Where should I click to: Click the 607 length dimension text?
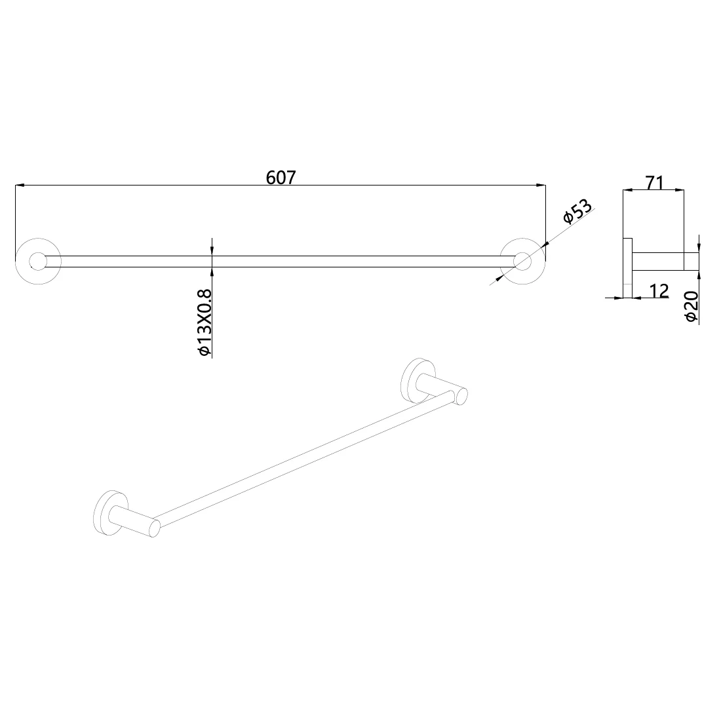pyautogui.click(x=281, y=178)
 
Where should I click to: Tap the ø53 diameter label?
pyautogui.click(x=577, y=211)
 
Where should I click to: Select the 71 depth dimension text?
pyautogui.click(x=655, y=183)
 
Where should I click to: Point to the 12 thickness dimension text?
pyautogui.click(x=659, y=290)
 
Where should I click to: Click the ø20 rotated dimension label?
pyautogui.click(x=692, y=306)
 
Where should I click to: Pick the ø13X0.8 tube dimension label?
pyautogui.click(x=204, y=322)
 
